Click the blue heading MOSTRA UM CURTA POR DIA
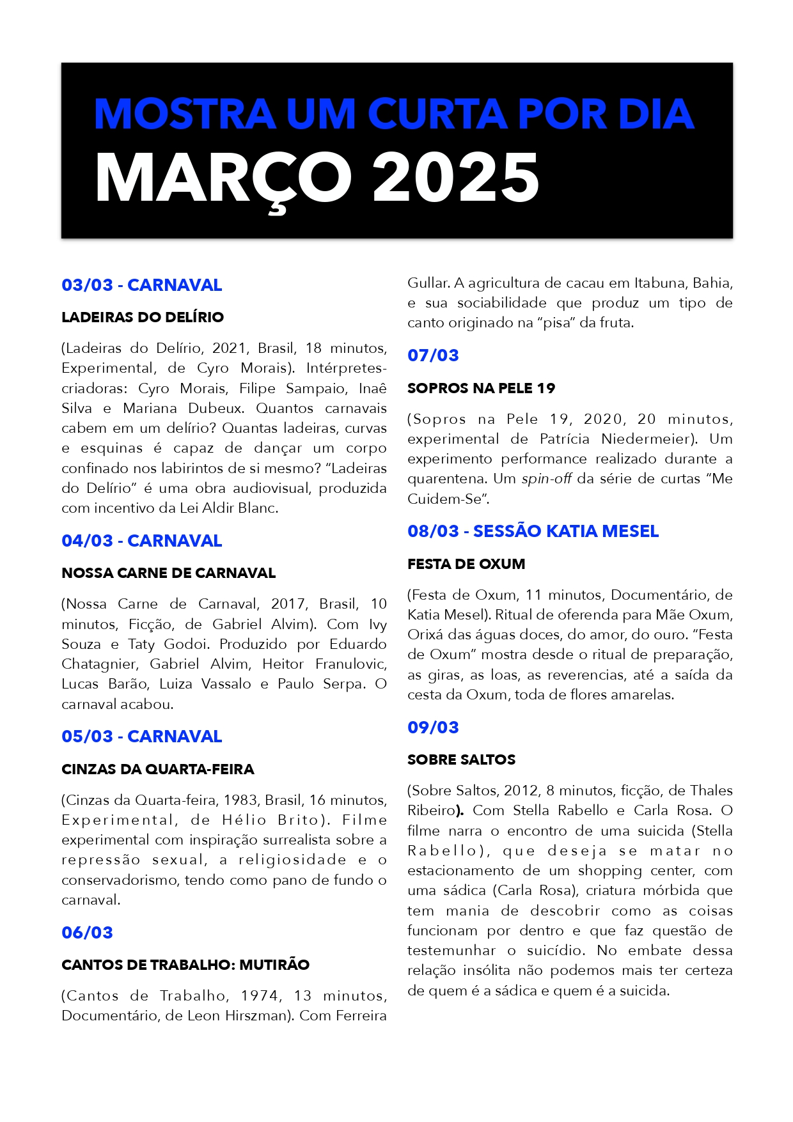(x=393, y=114)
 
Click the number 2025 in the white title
(x=455, y=178)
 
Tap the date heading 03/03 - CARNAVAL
(x=142, y=285)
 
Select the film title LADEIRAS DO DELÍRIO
(x=143, y=317)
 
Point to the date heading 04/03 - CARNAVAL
(x=142, y=541)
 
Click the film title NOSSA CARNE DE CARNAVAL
(x=169, y=573)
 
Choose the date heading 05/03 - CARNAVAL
(x=142, y=736)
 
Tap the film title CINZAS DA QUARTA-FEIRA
(x=158, y=769)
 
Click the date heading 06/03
(x=87, y=933)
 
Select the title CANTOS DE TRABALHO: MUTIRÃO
(x=185, y=965)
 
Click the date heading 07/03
(x=433, y=355)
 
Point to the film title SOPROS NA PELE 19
(x=481, y=388)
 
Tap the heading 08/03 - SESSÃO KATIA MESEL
(x=533, y=531)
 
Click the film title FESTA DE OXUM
(x=466, y=564)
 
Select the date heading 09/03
(x=433, y=728)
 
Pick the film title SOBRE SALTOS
(x=461, y=760)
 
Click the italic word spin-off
(x=546, y=479)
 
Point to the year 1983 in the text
(x=242, y=800)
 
